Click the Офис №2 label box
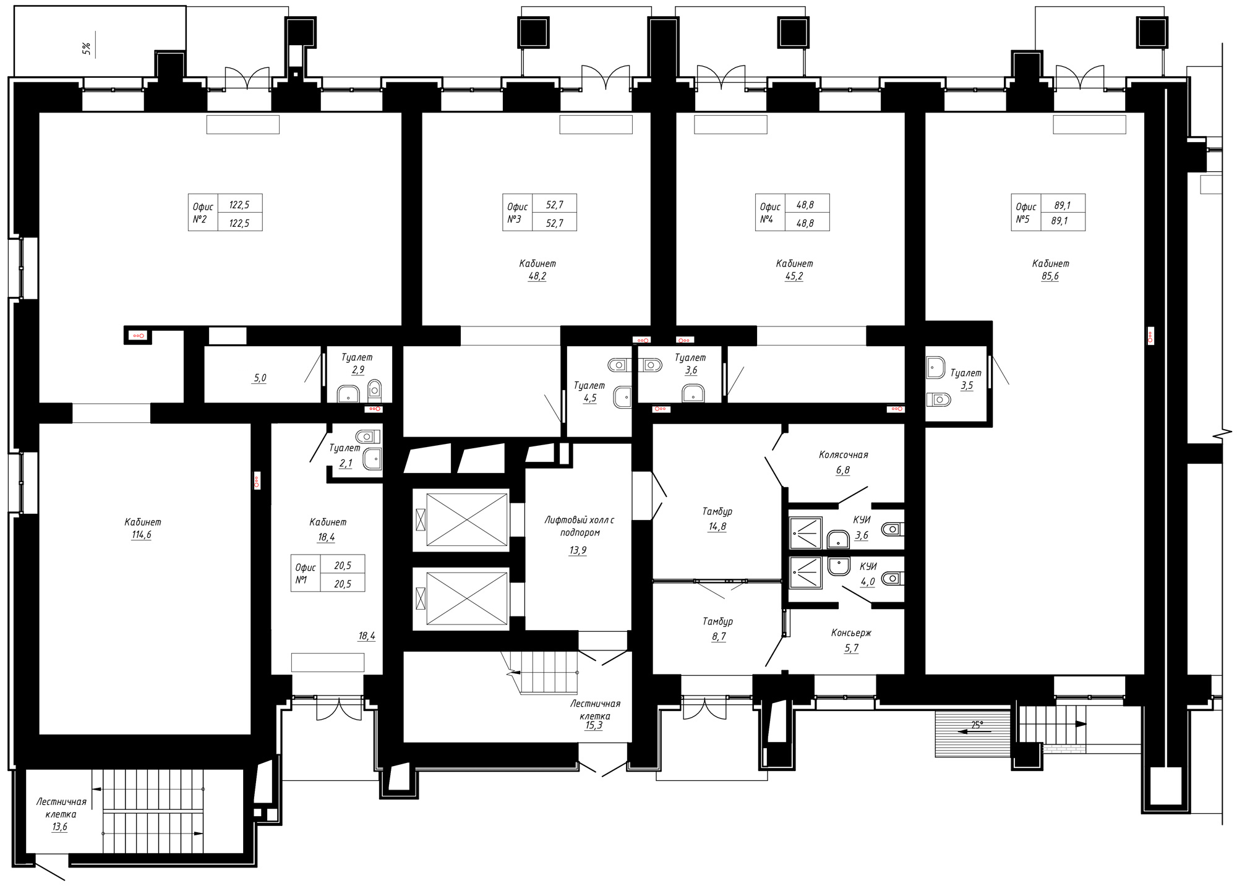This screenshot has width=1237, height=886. (225, 213)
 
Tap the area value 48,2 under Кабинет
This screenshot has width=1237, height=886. (537, 276)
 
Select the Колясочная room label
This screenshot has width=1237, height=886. (843, 455)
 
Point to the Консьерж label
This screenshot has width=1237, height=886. (851, 633)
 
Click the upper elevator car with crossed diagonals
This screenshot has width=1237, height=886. (467, 519)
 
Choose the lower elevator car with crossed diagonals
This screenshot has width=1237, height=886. (467, 598)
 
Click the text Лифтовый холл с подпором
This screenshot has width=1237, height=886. (579, 526)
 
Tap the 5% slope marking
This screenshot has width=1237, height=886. (87, 49)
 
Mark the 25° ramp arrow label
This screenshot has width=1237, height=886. (977, 725)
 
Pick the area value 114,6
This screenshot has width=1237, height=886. (141, 535)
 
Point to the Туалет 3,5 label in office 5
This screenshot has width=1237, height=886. (966, 379)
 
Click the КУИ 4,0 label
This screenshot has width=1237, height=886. (868, 574)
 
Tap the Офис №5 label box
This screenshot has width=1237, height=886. (1048, 213)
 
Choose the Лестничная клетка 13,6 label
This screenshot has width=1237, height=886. (61, 814)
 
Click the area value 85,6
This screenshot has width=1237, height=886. (1050, 276)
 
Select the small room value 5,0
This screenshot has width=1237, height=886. (259, 378)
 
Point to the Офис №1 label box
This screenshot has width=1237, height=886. (328, 573)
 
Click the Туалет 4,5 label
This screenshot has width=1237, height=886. (590, 392)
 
